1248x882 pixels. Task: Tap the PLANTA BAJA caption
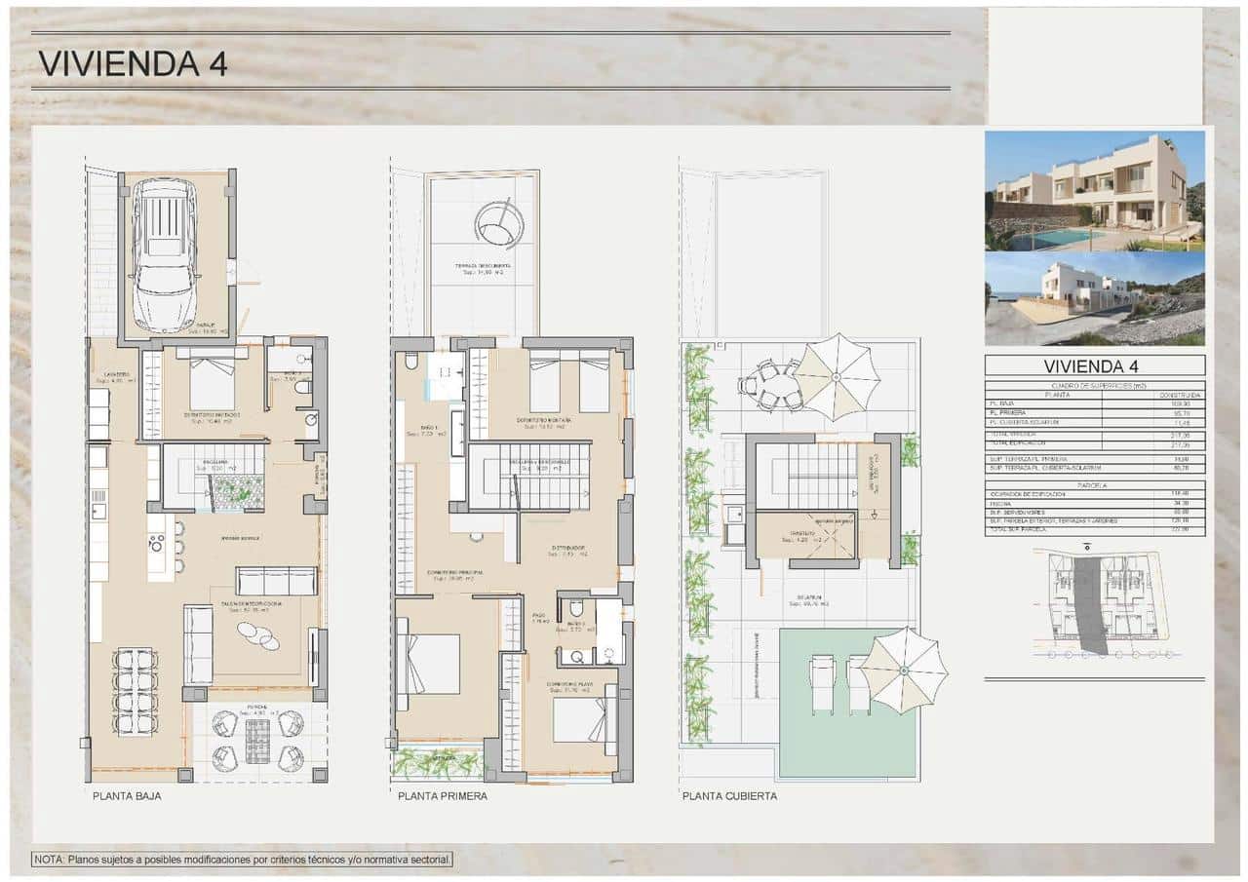[127, 796]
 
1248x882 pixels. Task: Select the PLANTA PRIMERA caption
[442, 796]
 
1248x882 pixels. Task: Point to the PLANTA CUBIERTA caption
[729, 796]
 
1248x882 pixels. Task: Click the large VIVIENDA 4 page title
[133, 63]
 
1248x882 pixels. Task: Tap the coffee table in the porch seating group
[257, 746]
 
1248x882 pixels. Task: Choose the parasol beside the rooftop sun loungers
[905, 671]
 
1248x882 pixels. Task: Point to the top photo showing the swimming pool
[1094, 191]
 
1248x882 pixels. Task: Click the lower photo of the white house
[1094, 299]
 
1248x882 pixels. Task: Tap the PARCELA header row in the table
[1094, 484]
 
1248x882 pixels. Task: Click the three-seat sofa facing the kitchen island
[276, 581]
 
